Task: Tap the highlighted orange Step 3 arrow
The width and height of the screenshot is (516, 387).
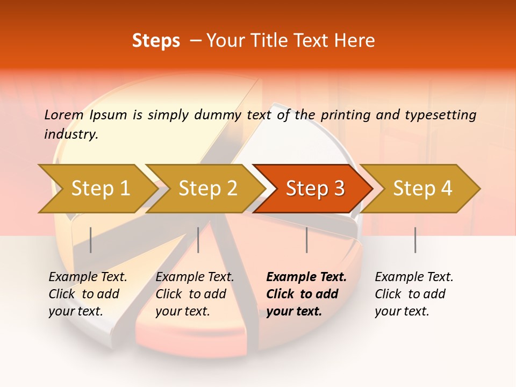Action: click(315, 188)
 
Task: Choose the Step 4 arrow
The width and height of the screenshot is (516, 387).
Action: click(422, 188)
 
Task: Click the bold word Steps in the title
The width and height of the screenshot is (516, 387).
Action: click(156, 40)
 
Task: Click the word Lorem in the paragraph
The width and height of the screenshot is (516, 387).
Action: click(64, 114)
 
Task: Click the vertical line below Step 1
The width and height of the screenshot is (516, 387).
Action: click(91, 240)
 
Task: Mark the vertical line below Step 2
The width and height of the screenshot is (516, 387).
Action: click(198, 240)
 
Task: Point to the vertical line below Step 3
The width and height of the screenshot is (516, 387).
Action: click(307, 240)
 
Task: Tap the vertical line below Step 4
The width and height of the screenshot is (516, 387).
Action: click(415, 240)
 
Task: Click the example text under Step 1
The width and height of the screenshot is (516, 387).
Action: click(87, 294)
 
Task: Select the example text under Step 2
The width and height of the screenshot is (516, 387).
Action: click(195, 294)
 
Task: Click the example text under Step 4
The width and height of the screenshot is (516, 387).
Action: click(414, 294)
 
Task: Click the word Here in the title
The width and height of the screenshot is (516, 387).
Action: click(357, 40)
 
